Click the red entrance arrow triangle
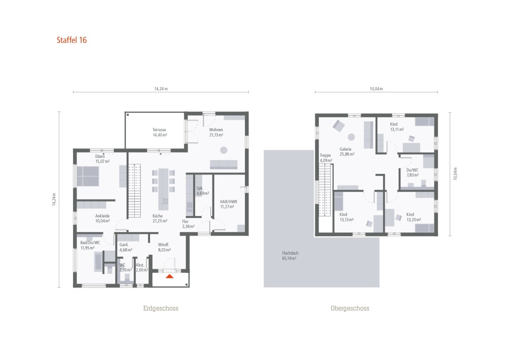point(170,276)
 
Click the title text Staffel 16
point(72,40)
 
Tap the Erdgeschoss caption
point(161,308)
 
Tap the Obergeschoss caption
point(350,308)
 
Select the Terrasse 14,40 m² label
point(159,132)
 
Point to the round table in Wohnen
point(224,150)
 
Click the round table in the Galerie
point(351,137)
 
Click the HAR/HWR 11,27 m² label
point(227,204)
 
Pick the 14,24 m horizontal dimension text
point(161,89)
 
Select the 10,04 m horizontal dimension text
point(376,89)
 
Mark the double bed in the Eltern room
point(88,176)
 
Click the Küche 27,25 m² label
point(159,218)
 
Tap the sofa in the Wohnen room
point(223,164)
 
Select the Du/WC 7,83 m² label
point(413,172)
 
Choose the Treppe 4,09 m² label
point(325,158)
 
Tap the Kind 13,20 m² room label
point(414,217)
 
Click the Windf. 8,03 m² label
point(164,247)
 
